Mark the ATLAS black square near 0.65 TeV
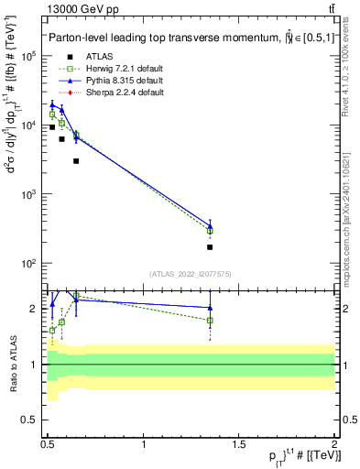click(76, 161)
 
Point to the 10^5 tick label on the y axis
click(30, 57)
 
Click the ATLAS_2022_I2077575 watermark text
click(191, 274)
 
